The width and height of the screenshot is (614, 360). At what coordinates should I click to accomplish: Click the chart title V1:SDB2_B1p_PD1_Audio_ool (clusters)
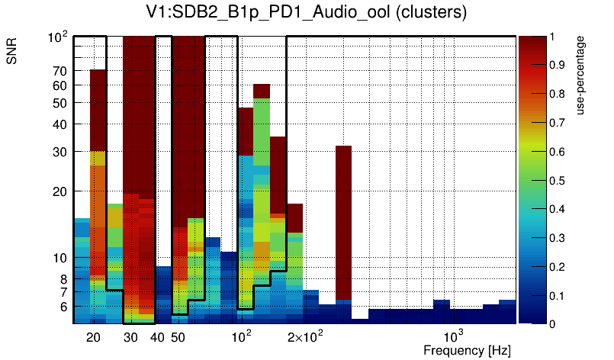pos(306,12)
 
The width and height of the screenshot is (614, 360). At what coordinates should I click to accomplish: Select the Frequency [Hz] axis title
pos(467,350)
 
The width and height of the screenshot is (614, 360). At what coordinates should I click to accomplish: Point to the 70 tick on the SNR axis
pos(60,71)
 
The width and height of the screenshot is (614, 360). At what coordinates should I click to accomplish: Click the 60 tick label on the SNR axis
pos(60,85)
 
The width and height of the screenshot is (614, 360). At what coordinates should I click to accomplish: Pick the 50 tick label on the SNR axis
pos(60,103)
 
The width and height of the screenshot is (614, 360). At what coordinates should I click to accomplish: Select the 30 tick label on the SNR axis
pos(60,152)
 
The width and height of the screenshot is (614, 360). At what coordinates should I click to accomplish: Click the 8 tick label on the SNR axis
pos(63,279)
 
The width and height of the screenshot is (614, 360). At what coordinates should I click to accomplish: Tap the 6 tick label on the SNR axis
pos(63,307)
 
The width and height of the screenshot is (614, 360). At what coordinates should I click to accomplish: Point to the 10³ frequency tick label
pos(454,336)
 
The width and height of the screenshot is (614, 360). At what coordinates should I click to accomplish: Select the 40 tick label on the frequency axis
pos(157,337)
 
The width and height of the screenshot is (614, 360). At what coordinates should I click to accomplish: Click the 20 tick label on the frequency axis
pos(93,337)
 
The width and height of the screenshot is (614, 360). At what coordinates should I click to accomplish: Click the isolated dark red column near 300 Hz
pos(343,221)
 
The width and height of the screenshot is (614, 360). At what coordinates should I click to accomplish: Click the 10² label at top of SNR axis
pos(58,37)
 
